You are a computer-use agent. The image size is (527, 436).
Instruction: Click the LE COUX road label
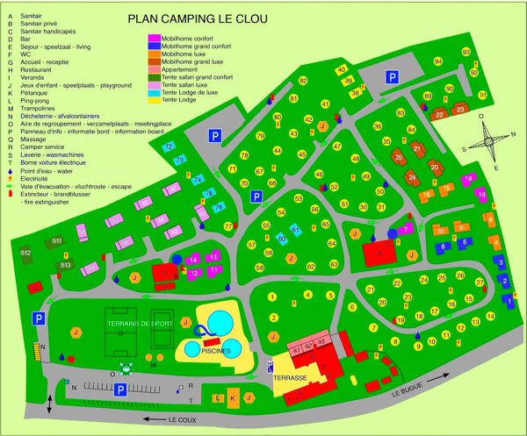coord(184,418)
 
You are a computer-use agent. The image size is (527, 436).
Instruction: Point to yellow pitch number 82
coord(303,81)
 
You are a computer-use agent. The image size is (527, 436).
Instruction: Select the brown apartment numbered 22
coord(440,114)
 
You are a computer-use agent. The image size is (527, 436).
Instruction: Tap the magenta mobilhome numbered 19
coord(467,179)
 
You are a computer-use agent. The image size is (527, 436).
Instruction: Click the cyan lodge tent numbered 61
coord(296,230)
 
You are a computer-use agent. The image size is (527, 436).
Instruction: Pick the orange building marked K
coord(233,398)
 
